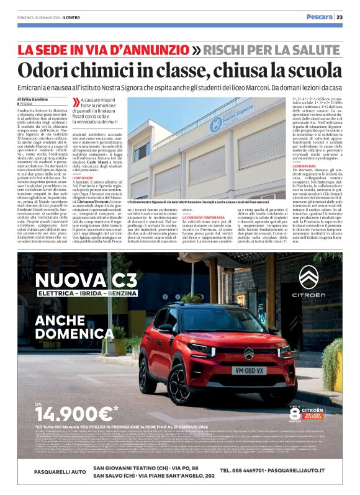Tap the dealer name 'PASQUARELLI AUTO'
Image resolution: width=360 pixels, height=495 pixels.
pos(53,471)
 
